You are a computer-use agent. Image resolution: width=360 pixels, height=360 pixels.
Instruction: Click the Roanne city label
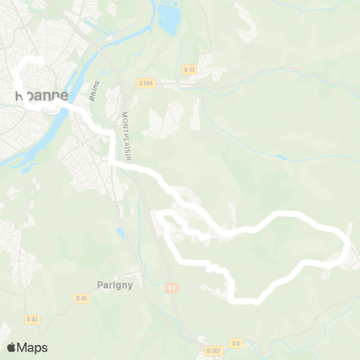(40, 95)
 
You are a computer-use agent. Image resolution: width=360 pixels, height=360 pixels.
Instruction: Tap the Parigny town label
(115, 284)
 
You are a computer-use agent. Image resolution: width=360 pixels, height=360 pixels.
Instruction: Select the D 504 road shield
(145, 82)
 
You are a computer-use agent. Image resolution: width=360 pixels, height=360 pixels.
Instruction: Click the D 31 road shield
(190, 69)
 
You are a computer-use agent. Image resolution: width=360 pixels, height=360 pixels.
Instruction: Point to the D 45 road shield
(82, 298)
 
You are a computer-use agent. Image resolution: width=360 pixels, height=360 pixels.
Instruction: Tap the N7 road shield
(172, 286)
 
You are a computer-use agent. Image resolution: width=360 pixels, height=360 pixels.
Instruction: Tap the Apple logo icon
(11, 347)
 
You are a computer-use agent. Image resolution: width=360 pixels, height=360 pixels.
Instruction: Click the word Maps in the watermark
(32, 347)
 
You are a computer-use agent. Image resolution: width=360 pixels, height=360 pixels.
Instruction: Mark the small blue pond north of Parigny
(120, 233)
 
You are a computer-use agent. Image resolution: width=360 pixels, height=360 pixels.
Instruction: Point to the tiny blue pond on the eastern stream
(281, 157)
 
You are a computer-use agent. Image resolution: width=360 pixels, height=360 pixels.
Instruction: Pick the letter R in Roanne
(19, 95)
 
